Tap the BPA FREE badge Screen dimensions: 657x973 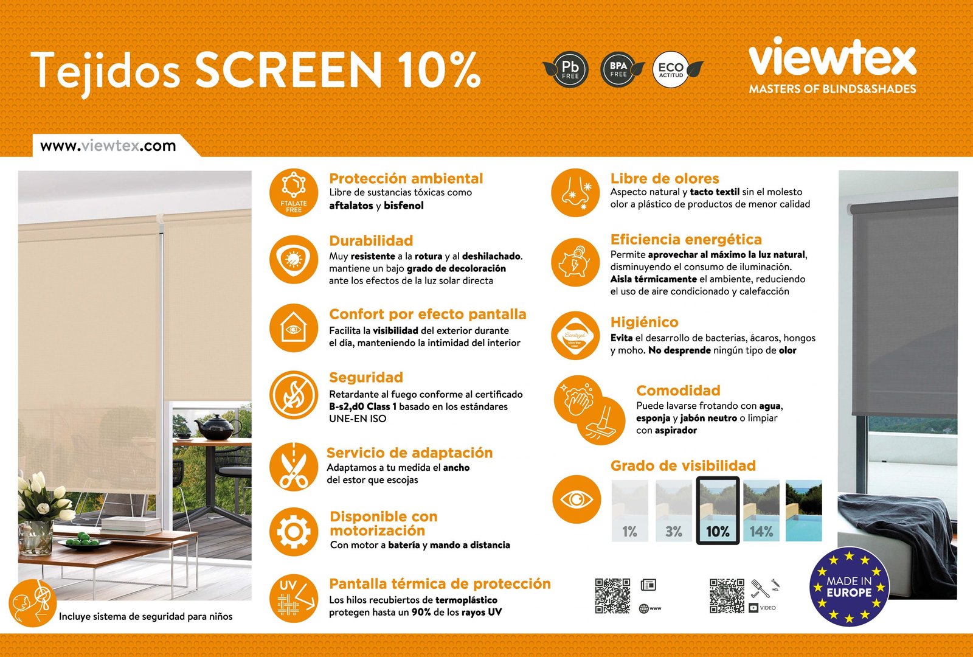click(x=619, y=70)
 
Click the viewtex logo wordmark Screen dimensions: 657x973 click(x=832, y=58)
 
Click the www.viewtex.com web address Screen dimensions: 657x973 click(x=108, y=146)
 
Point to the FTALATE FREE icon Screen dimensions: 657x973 click(x=294, y=193)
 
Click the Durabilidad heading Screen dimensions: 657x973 click(x=371, y=240)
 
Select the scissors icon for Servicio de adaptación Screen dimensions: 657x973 click(x=294, y=466)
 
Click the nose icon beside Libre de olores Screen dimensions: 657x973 click(x=575, y=193)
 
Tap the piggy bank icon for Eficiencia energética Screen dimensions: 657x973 click(x=575, y=263)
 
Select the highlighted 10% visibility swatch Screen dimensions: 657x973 click(x=718, y=510)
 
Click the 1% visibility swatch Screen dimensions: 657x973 click(x=630, y=510)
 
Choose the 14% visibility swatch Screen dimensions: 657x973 click(x=761, y=510)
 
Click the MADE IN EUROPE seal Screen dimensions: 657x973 click(x=850, y=587)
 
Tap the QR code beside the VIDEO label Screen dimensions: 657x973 click(x=727, y=596)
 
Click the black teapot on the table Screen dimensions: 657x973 click(x=216, y=427)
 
